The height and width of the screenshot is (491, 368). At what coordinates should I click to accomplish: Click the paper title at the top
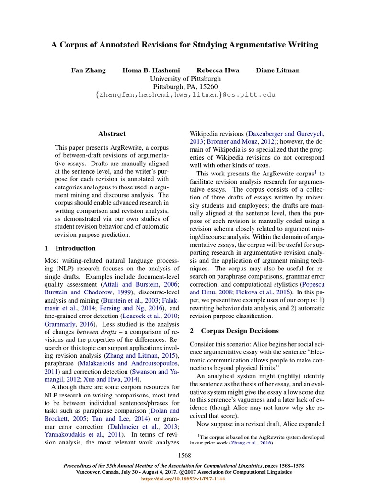[184, 45]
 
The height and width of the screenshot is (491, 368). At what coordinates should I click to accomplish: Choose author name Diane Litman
[277, 70]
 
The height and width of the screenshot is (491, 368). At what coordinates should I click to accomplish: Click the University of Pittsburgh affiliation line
[185, 78]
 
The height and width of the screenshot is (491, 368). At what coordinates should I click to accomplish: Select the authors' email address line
[185, 95]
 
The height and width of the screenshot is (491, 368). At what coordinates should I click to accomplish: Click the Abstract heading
[112, 134]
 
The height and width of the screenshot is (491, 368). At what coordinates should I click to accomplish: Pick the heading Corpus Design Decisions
[239, 331]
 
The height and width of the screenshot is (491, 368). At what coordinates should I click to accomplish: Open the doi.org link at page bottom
[184, 479]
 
